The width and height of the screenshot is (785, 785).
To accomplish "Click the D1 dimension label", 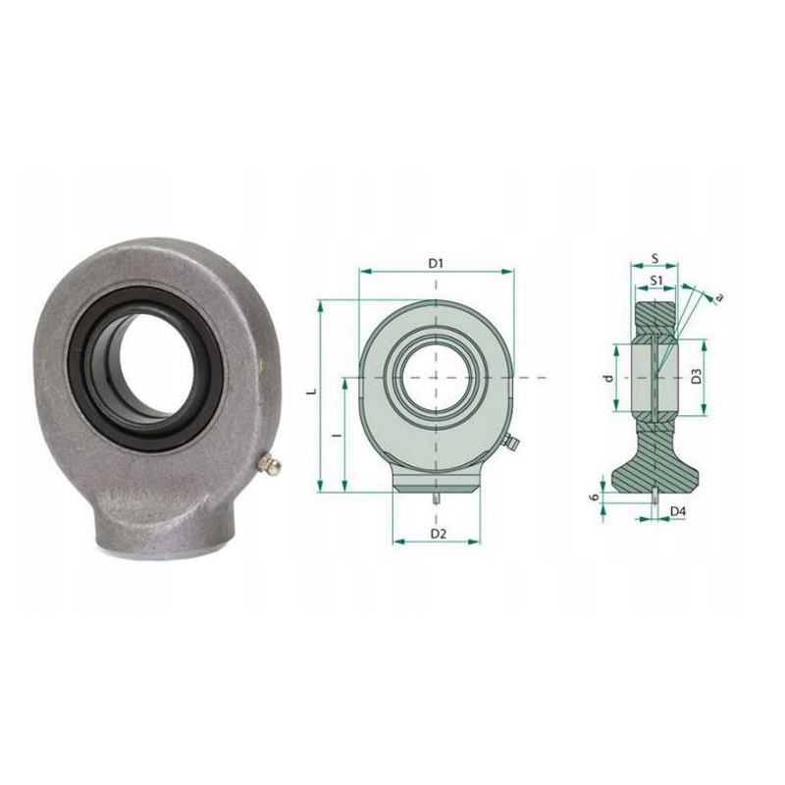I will [x=438, y=264].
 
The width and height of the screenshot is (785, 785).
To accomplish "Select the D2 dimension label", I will [x=439, y=533].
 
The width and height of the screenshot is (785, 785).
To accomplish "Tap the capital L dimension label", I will [x=312, y=392].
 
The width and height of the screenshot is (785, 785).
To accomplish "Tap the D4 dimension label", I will [x=678, y=510].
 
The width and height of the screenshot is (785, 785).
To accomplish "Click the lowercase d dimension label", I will [x=608, y=377].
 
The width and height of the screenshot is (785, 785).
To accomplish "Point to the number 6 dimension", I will [x=594, y=498].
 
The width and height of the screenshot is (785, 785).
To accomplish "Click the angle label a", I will [x=718, y=295].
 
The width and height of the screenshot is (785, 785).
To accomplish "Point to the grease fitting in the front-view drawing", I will [x=509, y=445].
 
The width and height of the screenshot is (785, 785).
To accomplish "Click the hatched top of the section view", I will [x=654, y=314].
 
